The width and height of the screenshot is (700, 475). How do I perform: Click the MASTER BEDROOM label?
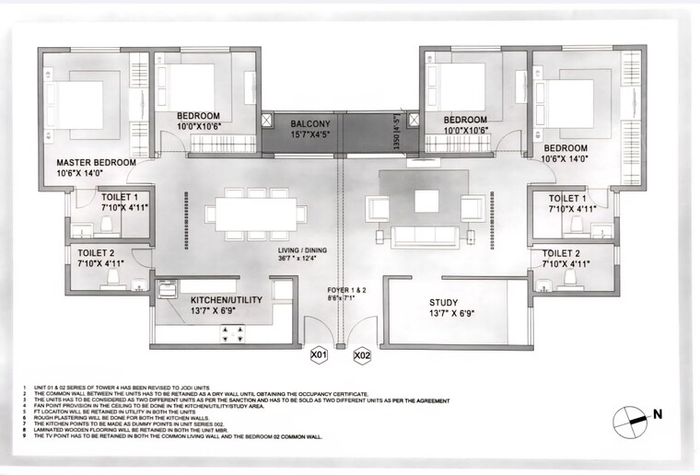[89, 162]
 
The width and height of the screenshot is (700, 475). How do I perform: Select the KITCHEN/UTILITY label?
[227, 300]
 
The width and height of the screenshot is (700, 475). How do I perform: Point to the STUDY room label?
[449, 302]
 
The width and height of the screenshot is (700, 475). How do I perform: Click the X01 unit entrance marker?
[320, 353]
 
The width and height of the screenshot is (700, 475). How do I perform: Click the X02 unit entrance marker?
[361, 353]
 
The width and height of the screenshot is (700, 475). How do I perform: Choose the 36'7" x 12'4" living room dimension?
[301, 260]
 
